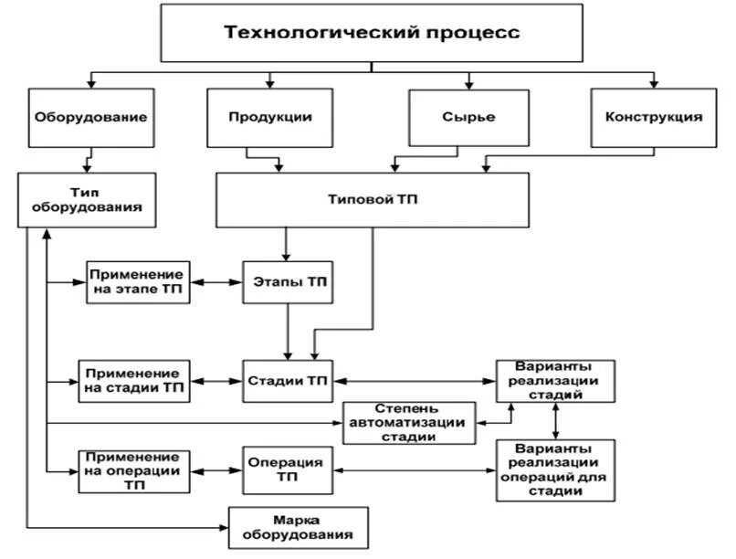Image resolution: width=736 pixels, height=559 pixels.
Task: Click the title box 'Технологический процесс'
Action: (372, 33)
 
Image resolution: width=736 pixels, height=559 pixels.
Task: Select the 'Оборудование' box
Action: (90, 118)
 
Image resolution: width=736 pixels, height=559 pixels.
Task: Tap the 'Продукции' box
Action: (270, 118)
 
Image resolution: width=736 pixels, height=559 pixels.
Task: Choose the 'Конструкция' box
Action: (654, 118)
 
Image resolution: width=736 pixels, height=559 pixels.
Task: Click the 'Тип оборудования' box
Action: (83, 199)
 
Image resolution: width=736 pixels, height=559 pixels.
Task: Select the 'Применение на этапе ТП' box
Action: (138, 282)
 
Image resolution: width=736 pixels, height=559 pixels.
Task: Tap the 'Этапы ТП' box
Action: (289, 282)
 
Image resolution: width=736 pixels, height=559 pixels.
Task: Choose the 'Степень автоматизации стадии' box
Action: (409, 423)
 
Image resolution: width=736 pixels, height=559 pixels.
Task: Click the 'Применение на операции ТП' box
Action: (134, 470)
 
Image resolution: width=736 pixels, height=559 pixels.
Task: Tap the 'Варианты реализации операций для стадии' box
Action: (555, 470)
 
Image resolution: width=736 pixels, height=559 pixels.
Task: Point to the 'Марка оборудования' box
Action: (299, 526)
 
